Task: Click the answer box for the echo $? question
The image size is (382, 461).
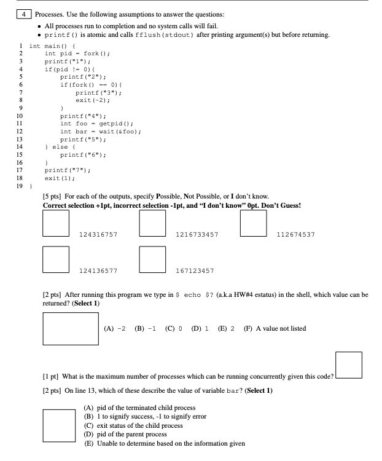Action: (x=71, y=327)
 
